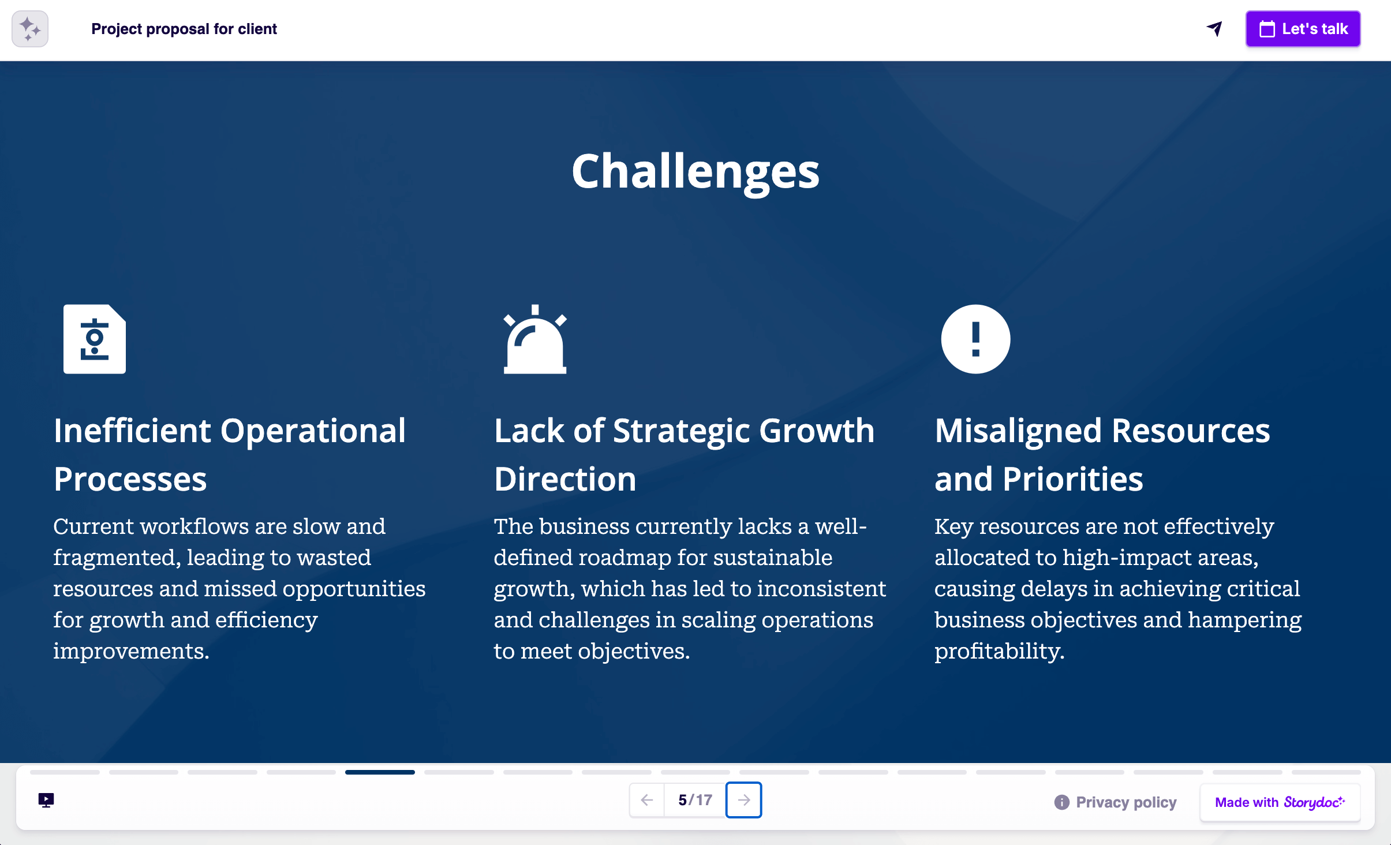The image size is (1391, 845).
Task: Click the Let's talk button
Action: point(1303,29)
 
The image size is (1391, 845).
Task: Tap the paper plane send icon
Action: point(1214,29)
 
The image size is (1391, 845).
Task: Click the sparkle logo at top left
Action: point(30,29)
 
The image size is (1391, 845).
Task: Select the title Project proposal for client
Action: point(184,29)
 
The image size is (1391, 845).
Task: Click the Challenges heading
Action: point(695,171)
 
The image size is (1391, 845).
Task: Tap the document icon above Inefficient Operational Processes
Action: point(95,339)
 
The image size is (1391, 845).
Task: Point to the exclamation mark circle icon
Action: point(975,339)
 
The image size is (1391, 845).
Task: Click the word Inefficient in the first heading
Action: point(132,431)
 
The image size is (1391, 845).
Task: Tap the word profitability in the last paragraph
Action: point(998,652)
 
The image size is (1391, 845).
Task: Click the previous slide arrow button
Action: point(647,800)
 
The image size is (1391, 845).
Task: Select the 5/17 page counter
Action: point(695,800)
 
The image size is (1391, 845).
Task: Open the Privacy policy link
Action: point(1125,802)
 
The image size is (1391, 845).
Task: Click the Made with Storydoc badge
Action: point(1280,802)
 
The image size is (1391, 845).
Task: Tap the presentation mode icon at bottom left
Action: point(46,800)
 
